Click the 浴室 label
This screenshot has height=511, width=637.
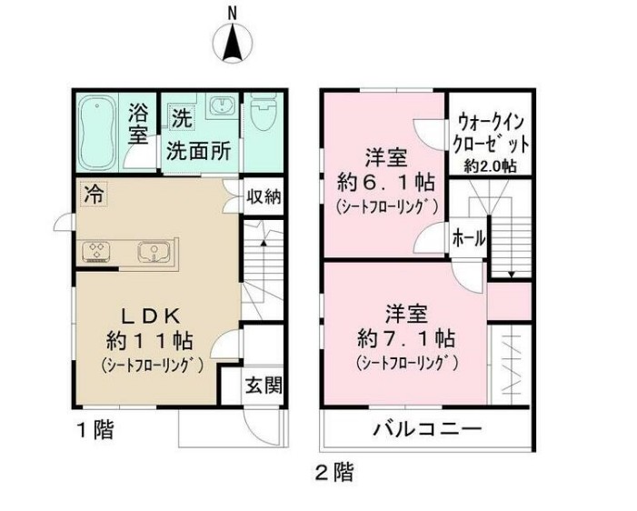(138, 126)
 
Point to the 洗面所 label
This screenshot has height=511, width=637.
(197, 152)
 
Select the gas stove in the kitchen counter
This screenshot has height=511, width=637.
(98, 251)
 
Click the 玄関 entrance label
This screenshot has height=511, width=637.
(263, 384)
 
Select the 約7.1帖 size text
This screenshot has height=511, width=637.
(406, 339)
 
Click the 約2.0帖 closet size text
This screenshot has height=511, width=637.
(492, 166)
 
